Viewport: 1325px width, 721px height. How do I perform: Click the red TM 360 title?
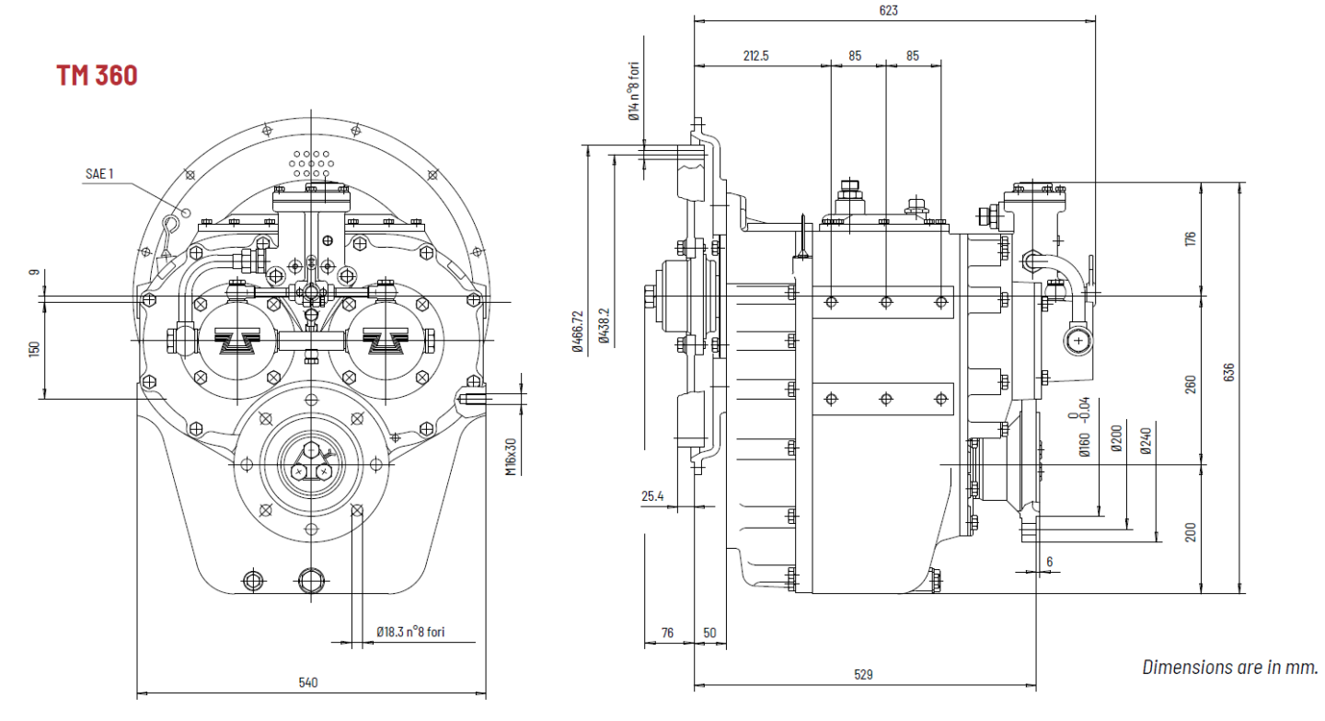[97, 76]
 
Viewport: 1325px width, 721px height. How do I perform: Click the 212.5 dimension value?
[755, 56]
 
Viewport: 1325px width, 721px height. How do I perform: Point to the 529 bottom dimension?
[863, 675]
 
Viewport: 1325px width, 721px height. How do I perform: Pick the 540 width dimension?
[308, 682]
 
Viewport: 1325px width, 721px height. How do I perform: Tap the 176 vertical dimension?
[1191, 238]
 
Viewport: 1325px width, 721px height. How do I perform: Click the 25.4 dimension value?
[652, 497]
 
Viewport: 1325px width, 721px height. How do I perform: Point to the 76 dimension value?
[667, 633]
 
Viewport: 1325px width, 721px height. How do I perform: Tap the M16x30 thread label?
[510, 457]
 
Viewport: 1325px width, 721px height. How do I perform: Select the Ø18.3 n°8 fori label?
[411, 633]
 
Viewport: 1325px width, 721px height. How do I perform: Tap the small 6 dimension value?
[1049, 561]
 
